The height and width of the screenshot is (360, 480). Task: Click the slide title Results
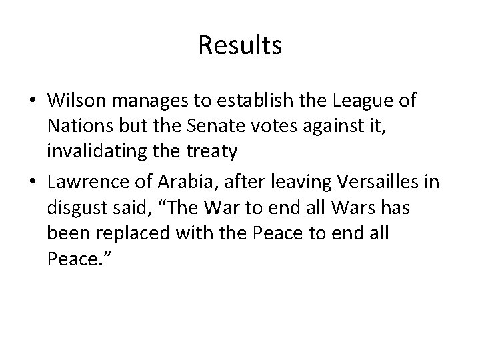click(x=240, y=46)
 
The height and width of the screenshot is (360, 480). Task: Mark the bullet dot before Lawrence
click(x=33, y=179)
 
